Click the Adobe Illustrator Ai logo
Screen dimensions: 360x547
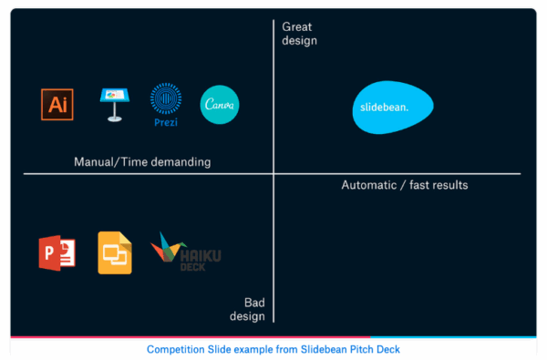(57, 104)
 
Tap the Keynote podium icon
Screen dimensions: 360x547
(114, 103)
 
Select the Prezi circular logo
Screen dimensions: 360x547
(166, 98)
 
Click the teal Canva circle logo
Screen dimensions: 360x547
(220, 104)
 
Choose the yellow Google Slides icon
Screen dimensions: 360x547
(115, 252)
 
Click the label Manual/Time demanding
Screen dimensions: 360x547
(142, 162)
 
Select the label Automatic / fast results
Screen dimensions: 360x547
(405, 185)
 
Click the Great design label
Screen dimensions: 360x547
(300, 34)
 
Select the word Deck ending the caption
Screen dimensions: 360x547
(387, 349)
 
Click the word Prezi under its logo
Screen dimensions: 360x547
(166, 120)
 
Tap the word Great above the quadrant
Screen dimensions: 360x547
(297, 27)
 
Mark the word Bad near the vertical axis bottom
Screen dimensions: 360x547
(254, 303)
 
